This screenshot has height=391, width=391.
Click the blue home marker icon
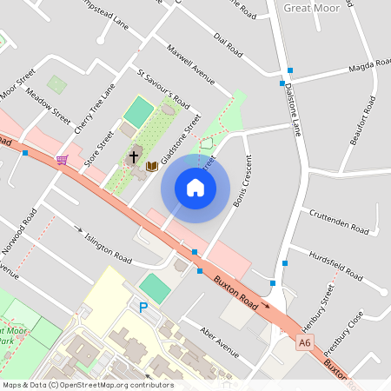tap(195, 188)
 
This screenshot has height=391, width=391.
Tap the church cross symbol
tap(134, 157)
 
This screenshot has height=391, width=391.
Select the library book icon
tap(151, 165)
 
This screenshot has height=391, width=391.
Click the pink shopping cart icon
tap(62, 160)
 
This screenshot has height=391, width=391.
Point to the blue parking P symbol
tap(143, 307)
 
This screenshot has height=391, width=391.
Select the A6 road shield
tap(303, 344)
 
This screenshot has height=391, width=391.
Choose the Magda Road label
tap(368, 66)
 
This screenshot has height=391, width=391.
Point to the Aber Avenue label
tap(218, 342)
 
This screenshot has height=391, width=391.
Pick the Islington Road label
tap(108, 247)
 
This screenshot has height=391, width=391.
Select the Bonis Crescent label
tap(242, 182)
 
